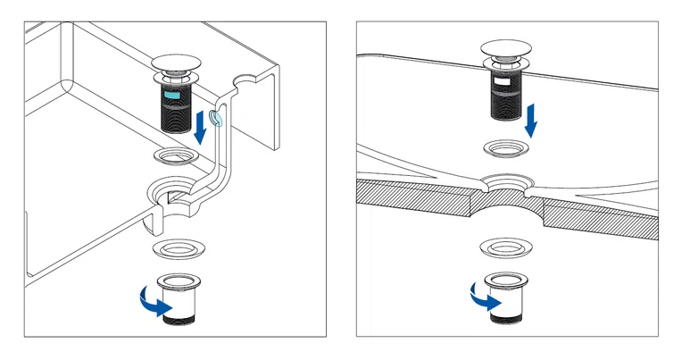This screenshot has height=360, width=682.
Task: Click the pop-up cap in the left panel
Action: pos(179,63)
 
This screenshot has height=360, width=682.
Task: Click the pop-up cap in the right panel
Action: pos(507,48)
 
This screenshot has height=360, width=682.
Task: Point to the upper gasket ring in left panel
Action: pos(175,158)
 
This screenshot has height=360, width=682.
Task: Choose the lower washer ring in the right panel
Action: pos(505,246)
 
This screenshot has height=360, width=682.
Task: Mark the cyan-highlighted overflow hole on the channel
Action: pos(214,118)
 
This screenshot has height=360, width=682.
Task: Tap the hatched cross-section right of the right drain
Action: pos(598,218)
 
